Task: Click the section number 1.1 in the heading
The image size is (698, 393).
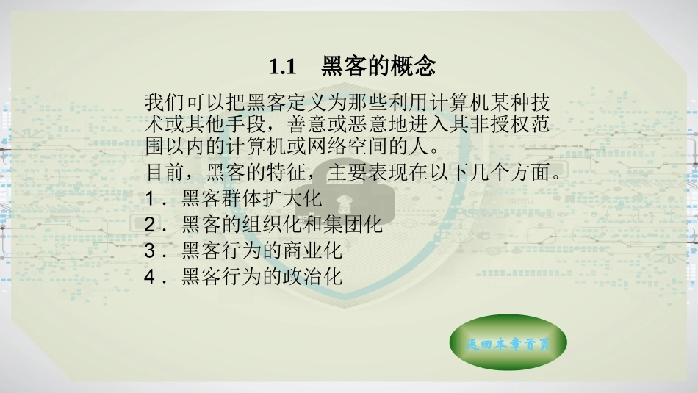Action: coord(281,68)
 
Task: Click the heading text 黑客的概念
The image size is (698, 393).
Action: coord(378,68)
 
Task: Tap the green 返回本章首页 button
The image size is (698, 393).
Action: coord(507,343)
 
